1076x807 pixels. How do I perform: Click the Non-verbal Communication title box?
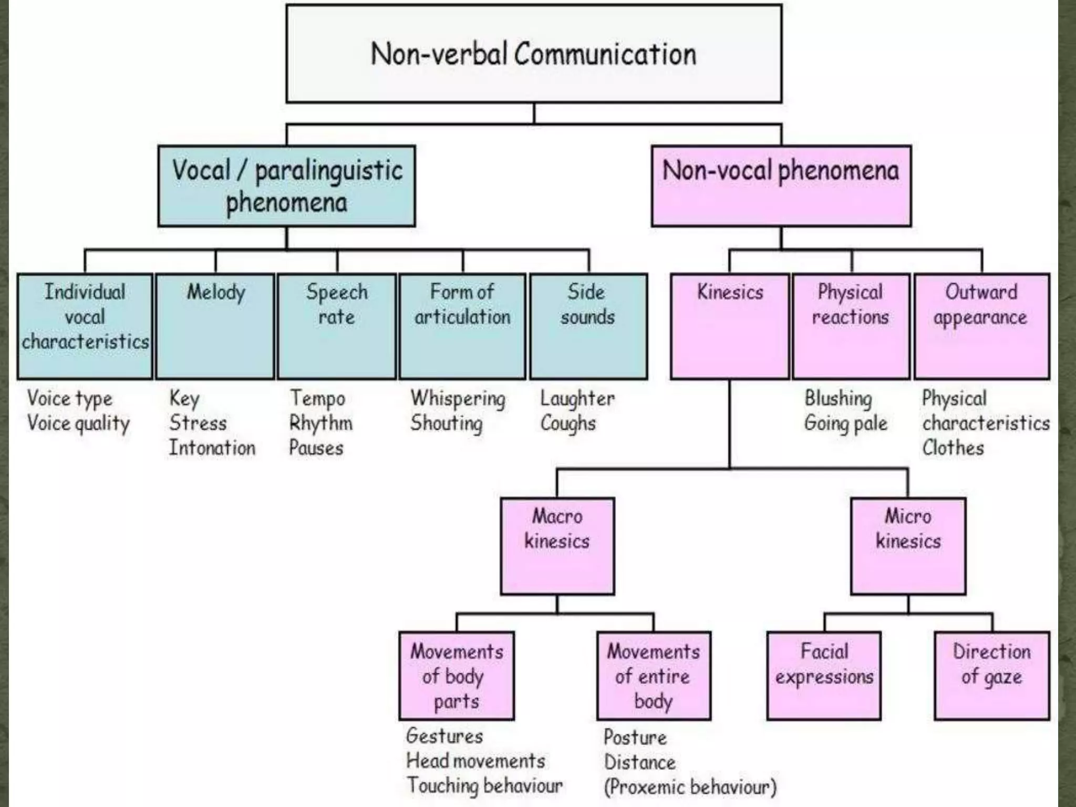click(x=534, y=54)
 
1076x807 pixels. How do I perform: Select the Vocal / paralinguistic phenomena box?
click(x=286, y=186)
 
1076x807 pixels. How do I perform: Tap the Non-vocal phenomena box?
click(x=781, y=186)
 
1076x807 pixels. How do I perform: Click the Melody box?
click(x=215, y=326)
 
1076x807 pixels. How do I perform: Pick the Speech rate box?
click(x=337, y=326)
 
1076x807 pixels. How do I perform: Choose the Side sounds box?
click(x=588, y=326)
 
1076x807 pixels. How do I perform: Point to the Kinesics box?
click(x=730, y=326)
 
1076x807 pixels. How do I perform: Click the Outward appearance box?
click(x=981, y=326)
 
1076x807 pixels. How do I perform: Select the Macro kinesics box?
click(x=557, y=546)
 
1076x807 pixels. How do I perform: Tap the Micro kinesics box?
click(x=908, y=546)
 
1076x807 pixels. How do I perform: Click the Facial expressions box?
click(x=824, y=675)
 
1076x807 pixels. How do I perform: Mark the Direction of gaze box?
click(x=991, y=675)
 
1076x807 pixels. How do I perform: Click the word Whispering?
click(x=458, y=399)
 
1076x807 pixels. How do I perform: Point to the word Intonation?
click(x=212, y=448)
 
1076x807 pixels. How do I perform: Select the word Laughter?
click(x=577, y=399)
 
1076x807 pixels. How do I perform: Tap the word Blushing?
click(x=838, y=399)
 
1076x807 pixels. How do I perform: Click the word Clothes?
click(x=953, y=448)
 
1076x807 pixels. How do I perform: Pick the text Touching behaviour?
click(x=484, y=786)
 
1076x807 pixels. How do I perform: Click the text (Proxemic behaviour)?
click(x=690, y=787)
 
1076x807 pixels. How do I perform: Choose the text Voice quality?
click(x=78, y=423)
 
